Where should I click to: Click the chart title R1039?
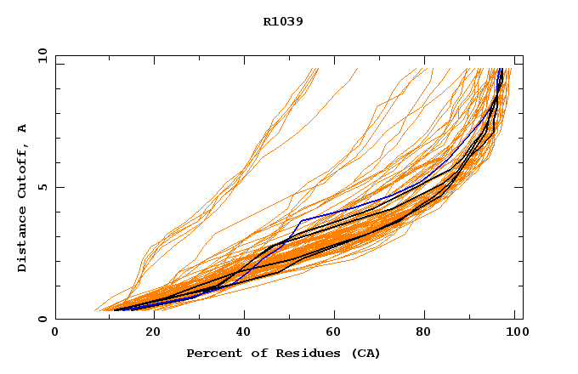(283, 21)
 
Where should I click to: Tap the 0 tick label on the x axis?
(55, 332)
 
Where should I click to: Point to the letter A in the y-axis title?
(22, 128)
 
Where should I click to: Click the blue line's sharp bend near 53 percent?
(302, 220)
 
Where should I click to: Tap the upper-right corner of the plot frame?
(523, 55)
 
